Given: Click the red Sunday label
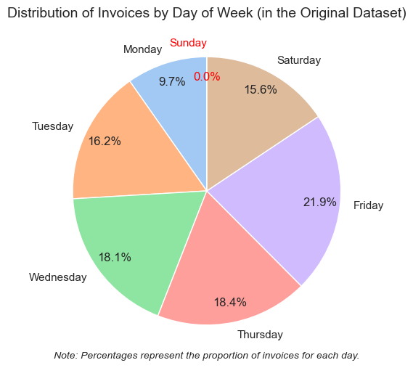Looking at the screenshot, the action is tap(188, 43).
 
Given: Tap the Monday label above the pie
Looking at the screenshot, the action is tap(142, 49).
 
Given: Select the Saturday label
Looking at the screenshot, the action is tap(299, 60).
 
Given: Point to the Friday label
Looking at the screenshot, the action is tap(368, 205).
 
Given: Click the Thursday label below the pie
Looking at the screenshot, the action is tap(260, 335).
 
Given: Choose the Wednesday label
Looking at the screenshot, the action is tap(57, 277).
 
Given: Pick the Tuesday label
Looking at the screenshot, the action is tap(53, 126).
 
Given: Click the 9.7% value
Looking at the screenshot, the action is tap(172, 82).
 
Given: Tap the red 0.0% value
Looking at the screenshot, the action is tap(207, 76).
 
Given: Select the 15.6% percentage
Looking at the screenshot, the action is tap(261, 89).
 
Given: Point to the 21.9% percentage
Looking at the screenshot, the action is tap(320, 203).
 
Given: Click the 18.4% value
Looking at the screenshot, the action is tap(230, 302).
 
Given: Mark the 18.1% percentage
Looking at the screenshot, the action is tap(115, 257).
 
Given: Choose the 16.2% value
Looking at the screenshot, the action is tap(105, 142).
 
